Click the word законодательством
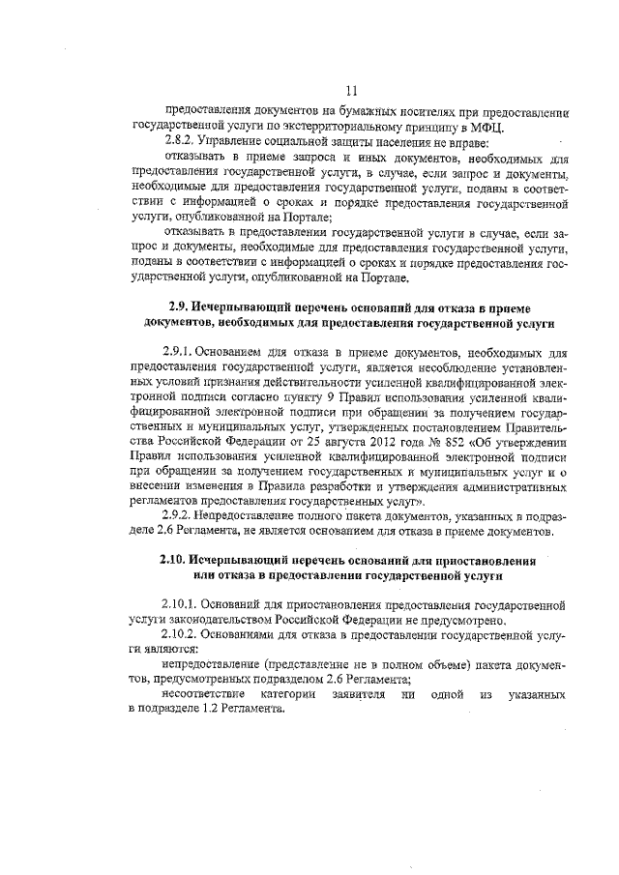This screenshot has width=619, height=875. point(213,620)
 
